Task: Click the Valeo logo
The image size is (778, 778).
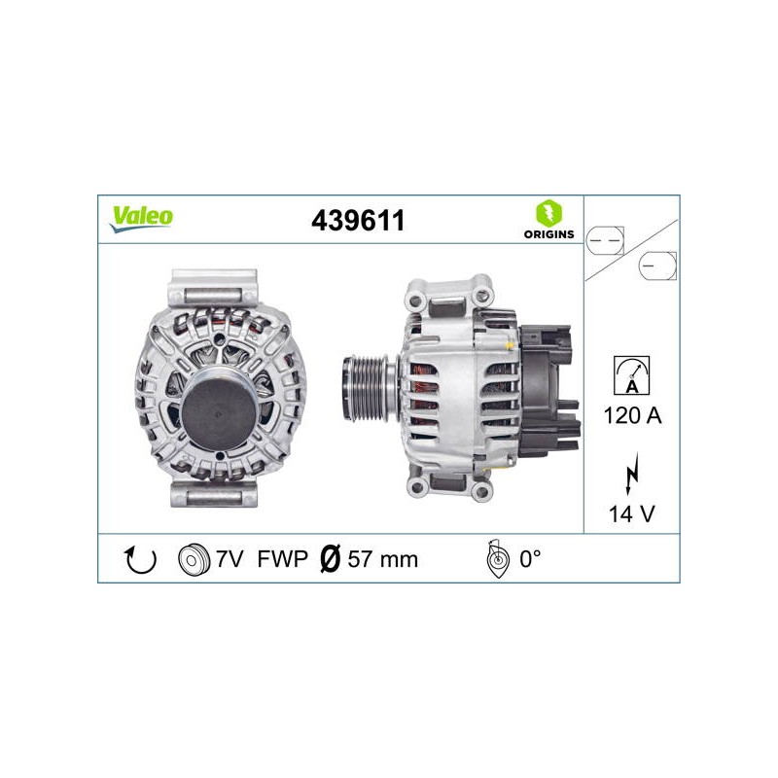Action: (141, 218)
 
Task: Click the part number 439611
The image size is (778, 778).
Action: (358, 221)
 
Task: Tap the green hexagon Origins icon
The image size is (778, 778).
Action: (548, 214)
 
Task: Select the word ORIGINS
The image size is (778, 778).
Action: (548, 234)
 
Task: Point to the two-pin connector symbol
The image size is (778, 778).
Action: (605, 240)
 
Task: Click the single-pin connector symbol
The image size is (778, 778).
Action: (657, 265)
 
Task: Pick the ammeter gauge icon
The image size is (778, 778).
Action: (631, 375)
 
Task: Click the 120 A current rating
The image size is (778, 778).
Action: (632, 415)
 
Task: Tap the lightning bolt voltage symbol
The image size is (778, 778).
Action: (631, 473)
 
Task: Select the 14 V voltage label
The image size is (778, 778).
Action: (631, 514)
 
